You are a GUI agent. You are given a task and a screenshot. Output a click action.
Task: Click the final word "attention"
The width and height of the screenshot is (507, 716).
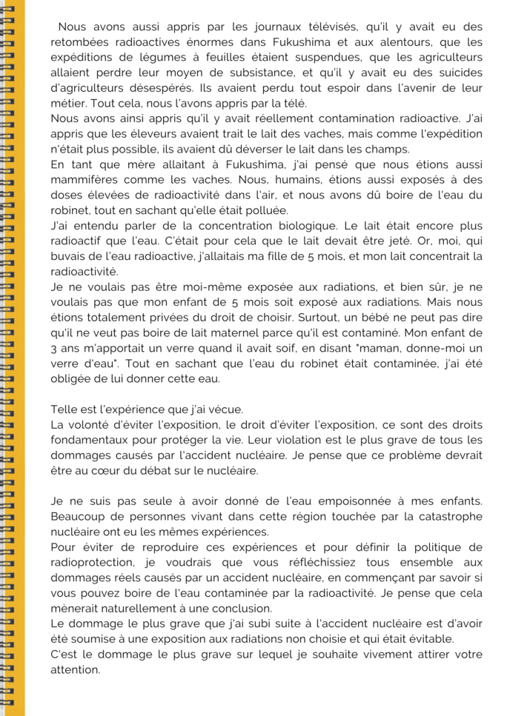click(75, 669)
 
